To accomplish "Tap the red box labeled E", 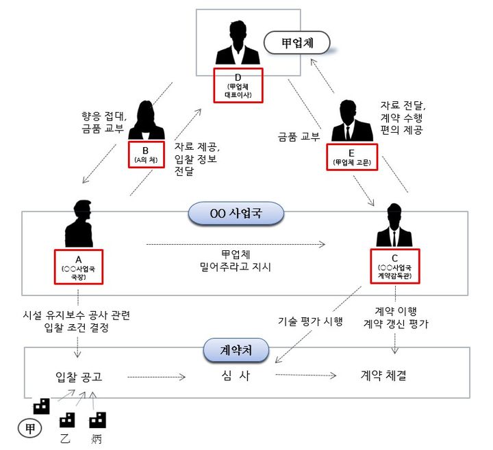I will pos(351,157).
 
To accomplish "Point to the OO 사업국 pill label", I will pos(235,214).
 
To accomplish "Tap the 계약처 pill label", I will pos(234,352).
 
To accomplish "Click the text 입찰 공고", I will pos(81,376).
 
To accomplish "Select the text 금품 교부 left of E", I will pos(299,136).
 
